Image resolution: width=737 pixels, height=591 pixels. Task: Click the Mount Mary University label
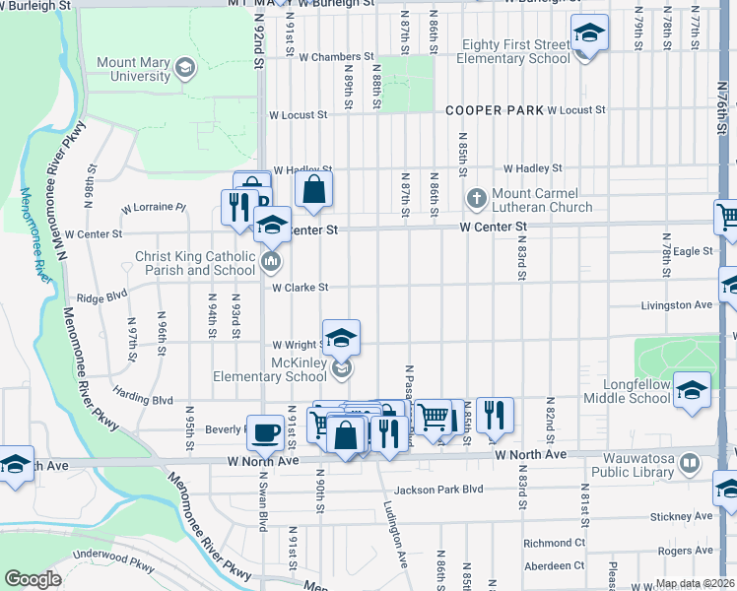coord(132,69)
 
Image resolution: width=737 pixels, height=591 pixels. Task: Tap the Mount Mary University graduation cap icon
coord(184,67)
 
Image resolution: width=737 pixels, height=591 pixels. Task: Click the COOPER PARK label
coord(493,110)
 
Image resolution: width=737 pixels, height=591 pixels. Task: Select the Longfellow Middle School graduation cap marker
coord(692,391)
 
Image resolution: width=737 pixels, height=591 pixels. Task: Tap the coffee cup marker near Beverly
coord(265,431)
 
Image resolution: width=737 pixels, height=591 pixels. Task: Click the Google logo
coord(33,579)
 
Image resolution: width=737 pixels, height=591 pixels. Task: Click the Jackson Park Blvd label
coord(438,490)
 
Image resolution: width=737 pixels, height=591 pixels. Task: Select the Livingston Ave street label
coord(676,305)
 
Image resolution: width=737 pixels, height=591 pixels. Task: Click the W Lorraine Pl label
coord(153,208)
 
